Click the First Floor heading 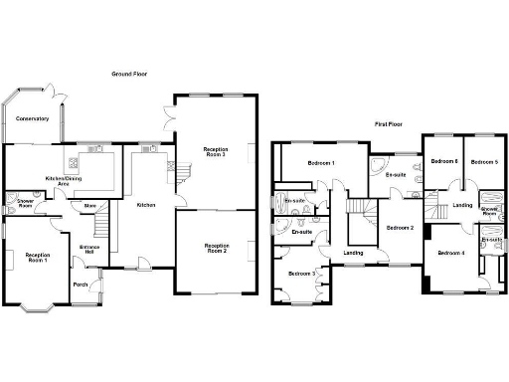[x=389, y=124]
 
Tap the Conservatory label [x=32, y=119]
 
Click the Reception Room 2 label [x=217, y=248]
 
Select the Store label [x=88, y=207]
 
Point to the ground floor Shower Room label [x=17, y=203]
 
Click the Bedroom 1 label [x=321, y=162]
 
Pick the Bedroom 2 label [x=401, y=228]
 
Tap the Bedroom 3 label [x=302, y=273]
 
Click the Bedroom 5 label [x=482, y=161]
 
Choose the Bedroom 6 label [x=443, y=161]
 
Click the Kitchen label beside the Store [x=146, y=205]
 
